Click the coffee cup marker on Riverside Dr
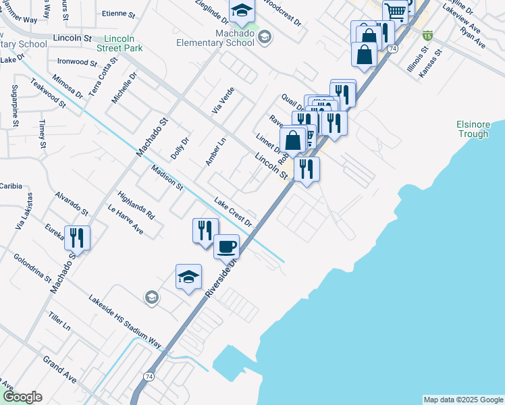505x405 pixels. (227, 246)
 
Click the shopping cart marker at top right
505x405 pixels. (395, 11)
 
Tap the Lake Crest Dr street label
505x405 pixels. (233, 212)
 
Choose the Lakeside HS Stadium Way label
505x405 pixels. (125, 322)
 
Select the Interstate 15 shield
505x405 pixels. (428, 34)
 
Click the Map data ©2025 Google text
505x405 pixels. (462, 400)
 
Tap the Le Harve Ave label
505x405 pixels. (126, 219)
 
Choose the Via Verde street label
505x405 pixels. (223, 100)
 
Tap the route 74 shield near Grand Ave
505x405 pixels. (149, 375)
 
